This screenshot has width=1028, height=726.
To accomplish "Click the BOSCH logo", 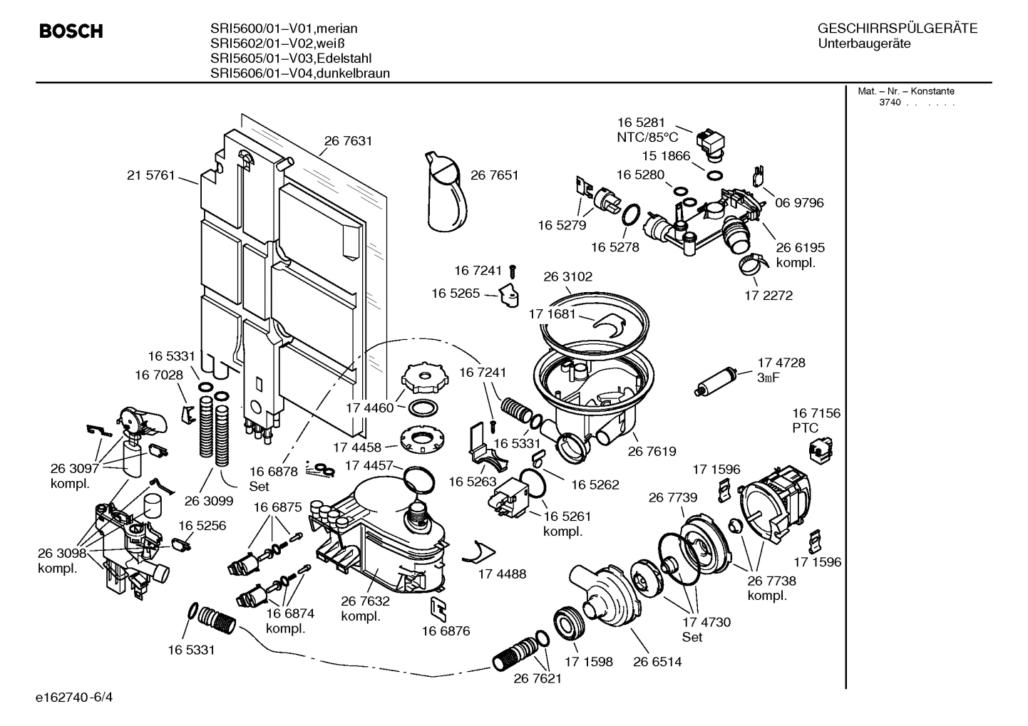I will tap(71, 31).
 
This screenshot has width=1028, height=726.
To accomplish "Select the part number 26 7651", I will tap(494, 175).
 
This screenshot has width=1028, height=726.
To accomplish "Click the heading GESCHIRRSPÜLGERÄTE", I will tap(897, 28).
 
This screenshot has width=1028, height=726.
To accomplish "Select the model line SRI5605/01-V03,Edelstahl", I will tap(291, 58).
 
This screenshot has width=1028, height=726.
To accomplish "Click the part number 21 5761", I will tap(151, 175).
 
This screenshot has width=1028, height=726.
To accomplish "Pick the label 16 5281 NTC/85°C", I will tap(647, 130).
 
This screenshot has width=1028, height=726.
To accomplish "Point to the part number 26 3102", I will tap(567, 276).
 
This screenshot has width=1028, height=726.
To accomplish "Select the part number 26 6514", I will tap(657, 661).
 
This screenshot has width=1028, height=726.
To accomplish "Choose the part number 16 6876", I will tap(446, 631).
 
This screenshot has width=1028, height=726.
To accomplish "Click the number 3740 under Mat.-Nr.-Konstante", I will tap(889, 103).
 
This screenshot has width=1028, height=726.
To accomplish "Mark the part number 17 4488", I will tap(502, 574).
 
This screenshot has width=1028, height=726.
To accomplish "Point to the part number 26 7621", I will tap(538, 678).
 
